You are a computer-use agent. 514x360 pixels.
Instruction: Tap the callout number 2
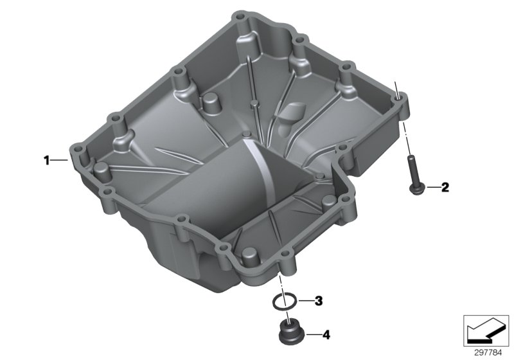[x=445, y=188]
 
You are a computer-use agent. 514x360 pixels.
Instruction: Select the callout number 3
[x=319, y=301]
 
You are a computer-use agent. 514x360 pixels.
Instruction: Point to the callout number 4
[x=326, y=334]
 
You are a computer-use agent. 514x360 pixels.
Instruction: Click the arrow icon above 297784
[x=485, y=329]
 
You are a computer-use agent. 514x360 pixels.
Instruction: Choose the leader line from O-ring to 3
[x=306, y=301]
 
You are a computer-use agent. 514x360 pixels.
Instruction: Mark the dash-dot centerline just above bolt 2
[x=406, y=138]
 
